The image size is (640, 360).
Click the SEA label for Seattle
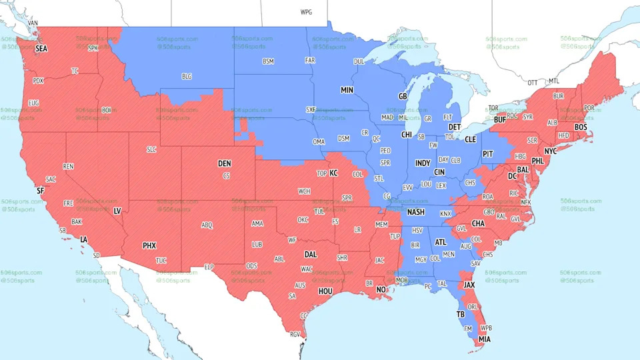click(41, 49)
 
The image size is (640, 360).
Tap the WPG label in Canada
click(306, 12)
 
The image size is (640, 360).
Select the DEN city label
click(225, 163)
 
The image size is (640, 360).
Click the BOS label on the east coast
click(581, 127)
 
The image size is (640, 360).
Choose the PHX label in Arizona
click(149, 245)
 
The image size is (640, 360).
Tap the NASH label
click(416, 212)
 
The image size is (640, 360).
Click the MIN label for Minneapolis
click(347, 89)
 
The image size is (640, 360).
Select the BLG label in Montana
click(187, 77)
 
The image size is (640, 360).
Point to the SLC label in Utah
click(152, 150)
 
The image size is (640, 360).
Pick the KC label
click(334, 173)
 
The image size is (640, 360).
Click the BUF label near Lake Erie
click(499, 121)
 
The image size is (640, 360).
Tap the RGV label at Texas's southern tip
click(295, 335)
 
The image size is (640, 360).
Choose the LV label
click(117, 211)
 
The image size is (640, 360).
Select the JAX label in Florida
click(469, 285)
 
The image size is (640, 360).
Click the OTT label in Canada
click(532, 83)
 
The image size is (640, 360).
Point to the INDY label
click(423, 163)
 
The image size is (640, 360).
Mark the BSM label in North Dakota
click(268, 61)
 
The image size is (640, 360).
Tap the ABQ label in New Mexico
click(207, 225)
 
